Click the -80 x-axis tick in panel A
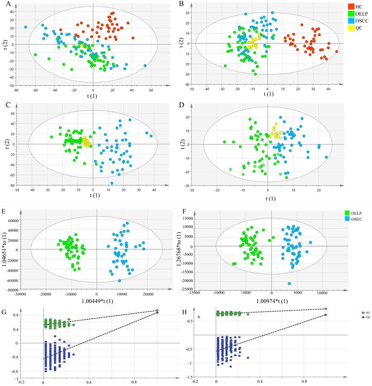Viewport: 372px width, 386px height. [15, 90]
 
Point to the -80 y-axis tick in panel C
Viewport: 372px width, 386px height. [12, 185]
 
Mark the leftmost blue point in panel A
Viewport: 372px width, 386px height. [26, 27]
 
